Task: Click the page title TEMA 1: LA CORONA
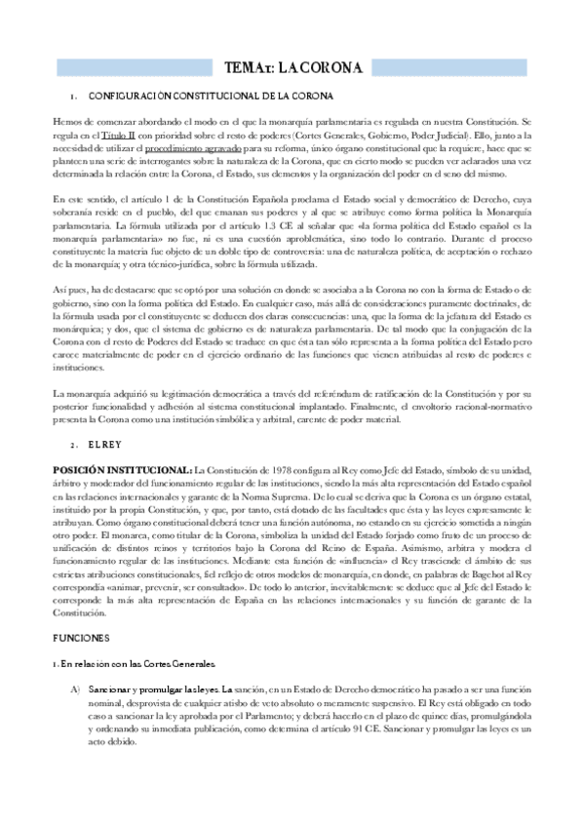(292, 67)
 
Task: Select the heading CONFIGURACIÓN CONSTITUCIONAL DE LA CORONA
(211, 97)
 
